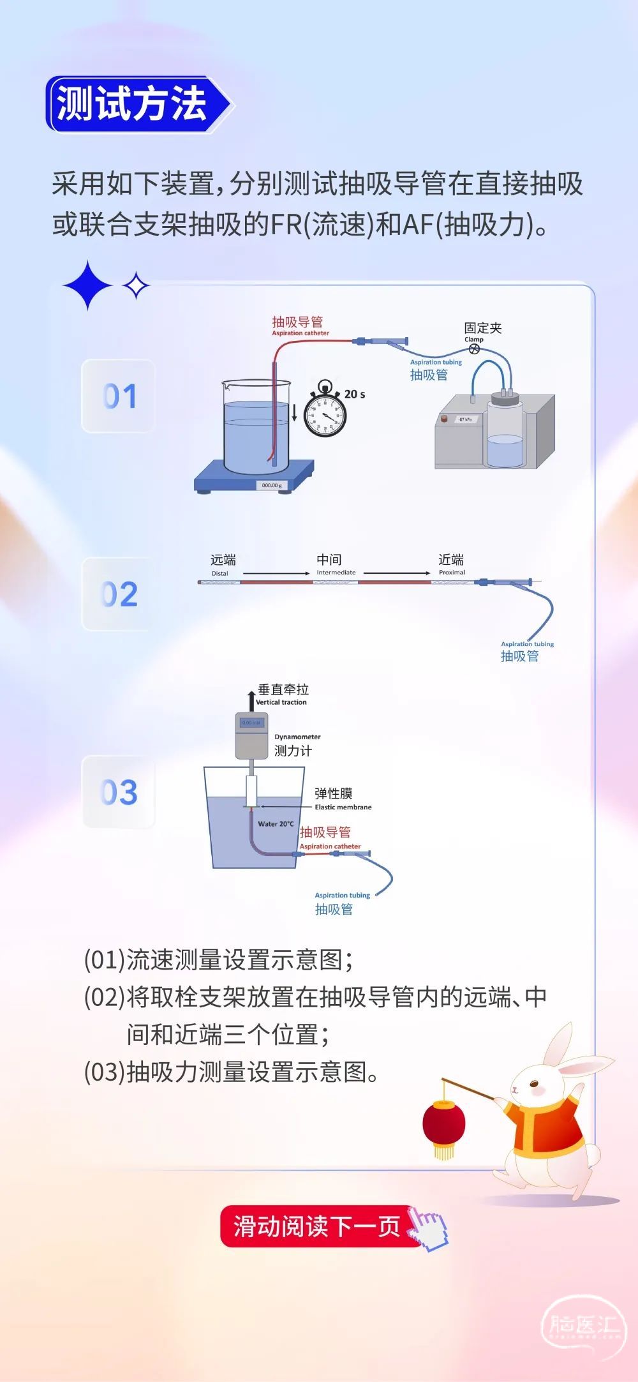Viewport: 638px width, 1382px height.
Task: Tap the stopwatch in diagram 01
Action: click(325, 414)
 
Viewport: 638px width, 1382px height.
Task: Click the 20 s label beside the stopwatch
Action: click(355, 394)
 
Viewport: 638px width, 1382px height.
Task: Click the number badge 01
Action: click(119, 396)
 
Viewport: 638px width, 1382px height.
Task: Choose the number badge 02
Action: click(119, 594)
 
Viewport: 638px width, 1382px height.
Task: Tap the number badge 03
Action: click(119, 792)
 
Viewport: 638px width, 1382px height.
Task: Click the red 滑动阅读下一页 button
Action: click(317, 1226)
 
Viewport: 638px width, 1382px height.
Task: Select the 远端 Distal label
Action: click(223, 564)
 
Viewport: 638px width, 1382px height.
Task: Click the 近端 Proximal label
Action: click(451, 564)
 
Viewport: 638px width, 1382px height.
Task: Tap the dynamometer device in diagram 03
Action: click(251, 735)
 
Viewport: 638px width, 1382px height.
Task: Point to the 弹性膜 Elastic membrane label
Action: click(338, 798)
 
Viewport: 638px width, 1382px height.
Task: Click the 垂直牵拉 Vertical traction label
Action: click(282, 693)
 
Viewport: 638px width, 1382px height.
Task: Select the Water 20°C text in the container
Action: click(276, 824)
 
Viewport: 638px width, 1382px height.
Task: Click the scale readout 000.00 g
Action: click(271, 485)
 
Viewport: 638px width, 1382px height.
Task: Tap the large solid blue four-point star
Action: click(88, 285)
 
